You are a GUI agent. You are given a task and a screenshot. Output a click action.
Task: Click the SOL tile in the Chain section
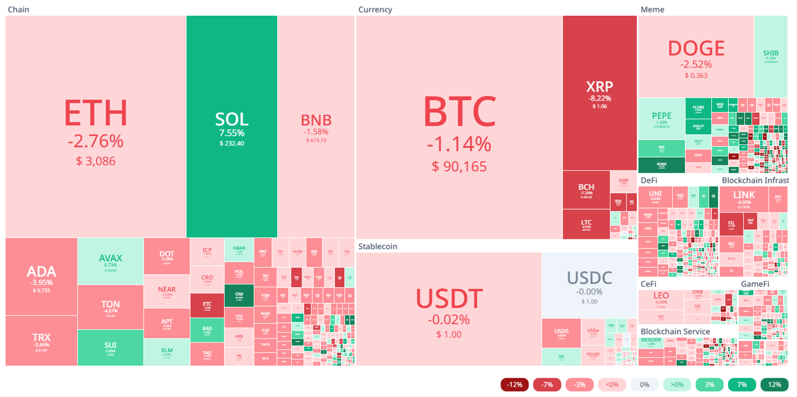232,126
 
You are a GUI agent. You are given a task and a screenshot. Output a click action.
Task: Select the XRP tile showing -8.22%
599,93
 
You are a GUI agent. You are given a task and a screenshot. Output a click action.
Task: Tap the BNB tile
316,126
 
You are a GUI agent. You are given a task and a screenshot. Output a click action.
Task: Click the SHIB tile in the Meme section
770,56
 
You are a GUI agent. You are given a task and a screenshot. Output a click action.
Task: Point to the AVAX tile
110,261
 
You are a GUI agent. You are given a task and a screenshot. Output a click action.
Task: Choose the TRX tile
41,340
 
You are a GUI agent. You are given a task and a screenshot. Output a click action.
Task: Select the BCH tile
586,190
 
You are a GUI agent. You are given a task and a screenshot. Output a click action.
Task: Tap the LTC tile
586,224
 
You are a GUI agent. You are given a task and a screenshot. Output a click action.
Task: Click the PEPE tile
661,119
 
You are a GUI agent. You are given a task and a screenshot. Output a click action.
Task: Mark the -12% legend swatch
515,385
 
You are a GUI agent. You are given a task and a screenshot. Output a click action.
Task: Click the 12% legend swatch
774,385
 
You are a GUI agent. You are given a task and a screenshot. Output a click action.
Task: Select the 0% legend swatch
644,385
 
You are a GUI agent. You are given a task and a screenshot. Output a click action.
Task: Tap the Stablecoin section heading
377,246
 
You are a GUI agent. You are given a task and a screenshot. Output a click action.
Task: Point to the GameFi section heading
754,284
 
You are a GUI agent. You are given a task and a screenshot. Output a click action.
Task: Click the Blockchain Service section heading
675,332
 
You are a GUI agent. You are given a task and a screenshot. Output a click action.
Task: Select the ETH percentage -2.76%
95,141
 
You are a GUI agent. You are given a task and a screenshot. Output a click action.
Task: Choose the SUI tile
110,347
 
